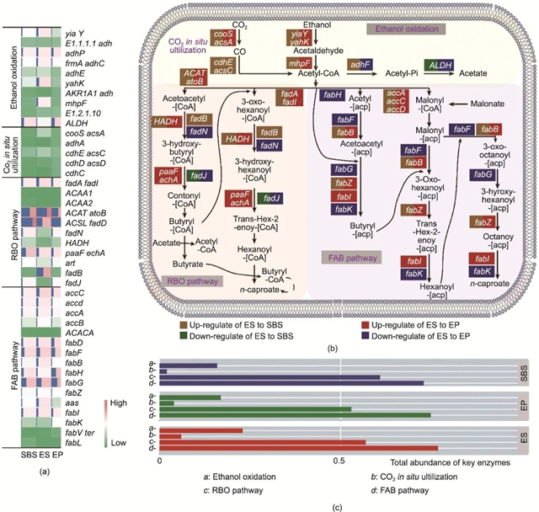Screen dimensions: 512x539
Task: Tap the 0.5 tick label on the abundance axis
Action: click(x=341, y=462)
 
